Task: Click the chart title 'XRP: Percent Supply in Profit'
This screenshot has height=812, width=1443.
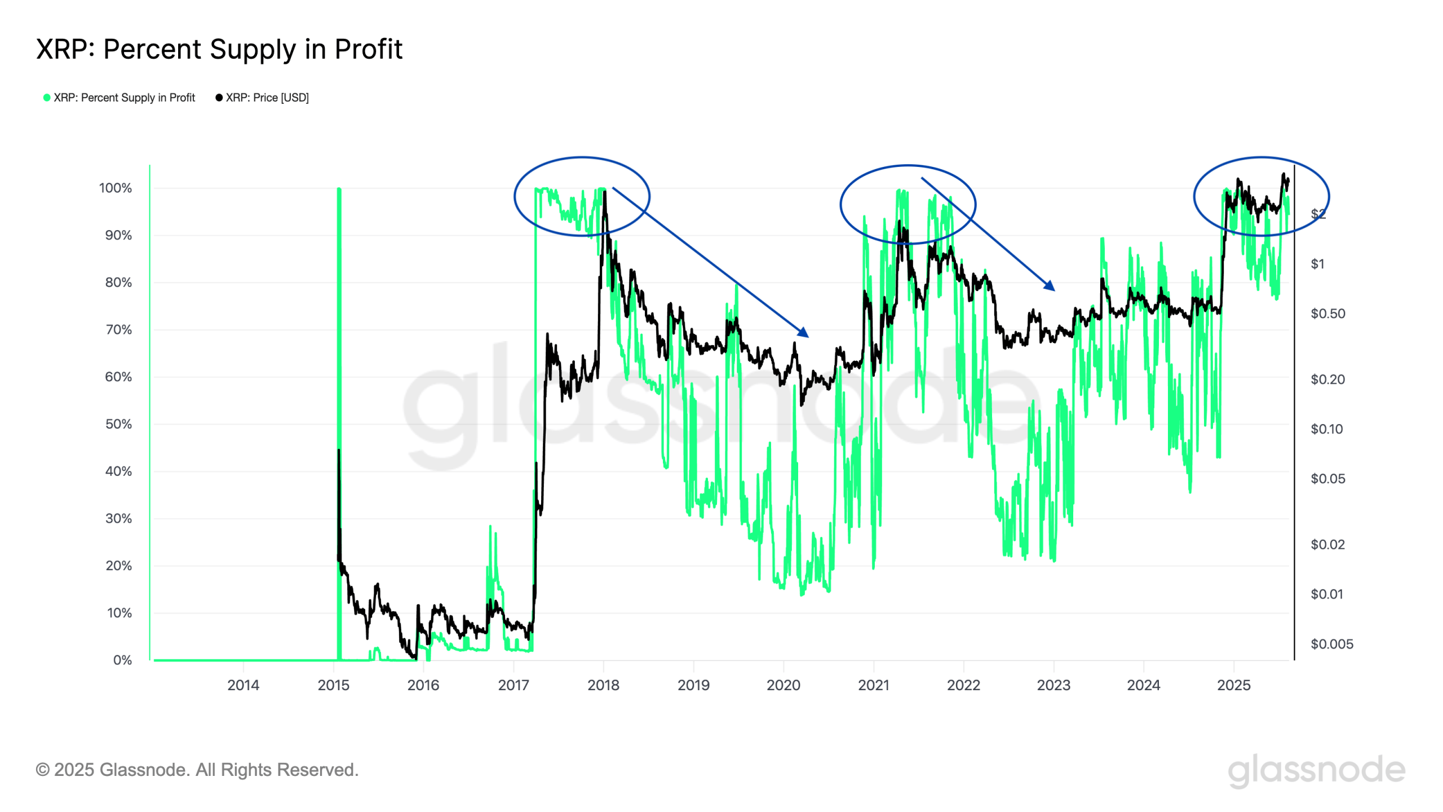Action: point(219,49)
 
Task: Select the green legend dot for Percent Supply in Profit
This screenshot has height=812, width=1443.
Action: point(47,98)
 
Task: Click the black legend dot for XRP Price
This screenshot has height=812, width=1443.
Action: point(219,98)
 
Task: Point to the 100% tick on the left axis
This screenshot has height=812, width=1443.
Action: point(116,188)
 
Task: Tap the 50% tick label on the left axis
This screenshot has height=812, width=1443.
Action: point(118,424)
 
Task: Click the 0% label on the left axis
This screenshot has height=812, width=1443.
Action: point(122,660)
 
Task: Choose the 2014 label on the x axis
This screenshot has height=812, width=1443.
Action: point(243,685)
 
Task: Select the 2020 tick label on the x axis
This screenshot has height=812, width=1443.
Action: point(783,685)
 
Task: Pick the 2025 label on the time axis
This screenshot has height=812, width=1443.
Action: point(1233,685)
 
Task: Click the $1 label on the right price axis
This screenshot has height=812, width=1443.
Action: point(1317,264)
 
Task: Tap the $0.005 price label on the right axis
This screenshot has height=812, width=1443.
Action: point(1331,644)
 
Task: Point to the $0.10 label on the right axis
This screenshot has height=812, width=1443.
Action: point(1327,429)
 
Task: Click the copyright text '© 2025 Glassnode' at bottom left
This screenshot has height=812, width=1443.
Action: point(197,770)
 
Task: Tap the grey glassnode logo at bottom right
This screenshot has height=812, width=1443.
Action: point(1316,770)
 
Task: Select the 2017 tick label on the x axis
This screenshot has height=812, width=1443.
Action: point(513,685)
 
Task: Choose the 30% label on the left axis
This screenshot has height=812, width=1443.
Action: point(118,518)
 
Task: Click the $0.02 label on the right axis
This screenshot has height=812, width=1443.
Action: point(1327,544)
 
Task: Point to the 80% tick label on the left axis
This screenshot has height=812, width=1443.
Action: point(118,283)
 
